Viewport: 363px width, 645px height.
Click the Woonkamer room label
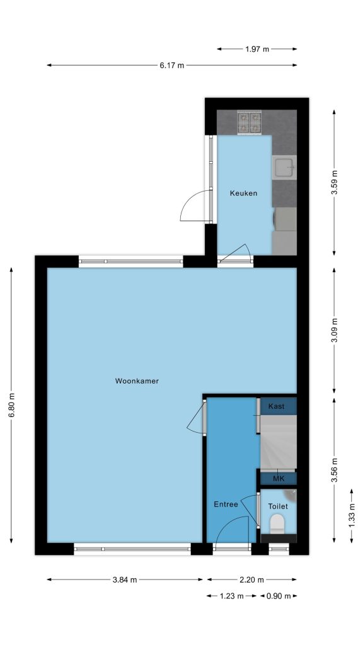137,381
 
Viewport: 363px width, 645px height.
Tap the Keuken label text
244,193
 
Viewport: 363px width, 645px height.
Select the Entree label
226,505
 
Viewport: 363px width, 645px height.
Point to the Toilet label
278,506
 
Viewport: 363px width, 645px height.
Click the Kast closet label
276,406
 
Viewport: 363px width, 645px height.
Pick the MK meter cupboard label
278,479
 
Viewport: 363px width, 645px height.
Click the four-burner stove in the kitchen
250,123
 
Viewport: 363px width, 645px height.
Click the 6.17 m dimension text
172,65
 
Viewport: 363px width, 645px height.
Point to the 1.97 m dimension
257,49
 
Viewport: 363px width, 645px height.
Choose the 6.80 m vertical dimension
11,406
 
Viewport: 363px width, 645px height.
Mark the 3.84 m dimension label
125,580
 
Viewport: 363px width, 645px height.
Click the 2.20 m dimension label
252,580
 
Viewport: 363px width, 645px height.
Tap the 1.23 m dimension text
231,596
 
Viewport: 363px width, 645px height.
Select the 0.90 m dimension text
279,596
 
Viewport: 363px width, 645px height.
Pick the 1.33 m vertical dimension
352,516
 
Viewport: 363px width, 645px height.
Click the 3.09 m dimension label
334,330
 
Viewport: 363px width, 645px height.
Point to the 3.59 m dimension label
334,182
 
